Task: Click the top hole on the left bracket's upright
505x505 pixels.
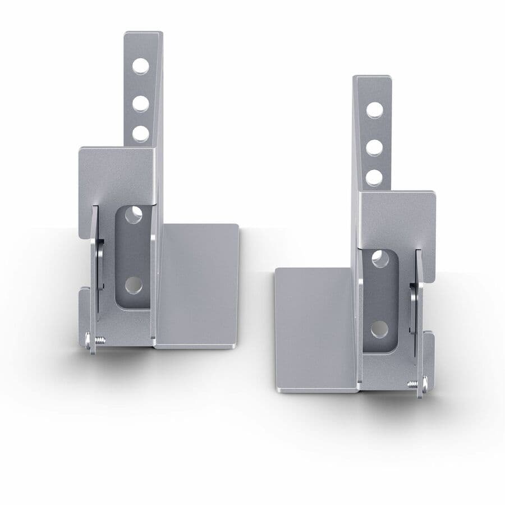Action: coord(141,66)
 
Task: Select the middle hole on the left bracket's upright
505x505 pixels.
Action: coord(141,104)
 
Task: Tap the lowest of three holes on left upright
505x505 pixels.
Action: coord(141,134)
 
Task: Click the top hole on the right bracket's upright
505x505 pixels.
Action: coord(375,111)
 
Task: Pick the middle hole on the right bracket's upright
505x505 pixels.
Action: coord(375,148)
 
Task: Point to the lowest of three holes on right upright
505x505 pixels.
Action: coord(374,178)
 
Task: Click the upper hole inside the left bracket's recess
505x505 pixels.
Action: coord(134,215)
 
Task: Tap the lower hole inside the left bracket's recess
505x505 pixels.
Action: coord(134,285)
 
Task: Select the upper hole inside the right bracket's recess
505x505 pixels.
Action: coord(380,259)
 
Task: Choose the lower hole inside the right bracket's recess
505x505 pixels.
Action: coord(379,329)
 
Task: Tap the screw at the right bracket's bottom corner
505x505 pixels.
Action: coord(418,383)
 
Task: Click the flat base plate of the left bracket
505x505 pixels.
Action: coord(198,283)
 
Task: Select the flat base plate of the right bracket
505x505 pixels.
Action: coord(316,328)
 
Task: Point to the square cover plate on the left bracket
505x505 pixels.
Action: coord(117,174)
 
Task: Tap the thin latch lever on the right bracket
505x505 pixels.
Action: coord(417,303)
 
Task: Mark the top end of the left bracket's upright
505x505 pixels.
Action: coord(143,35)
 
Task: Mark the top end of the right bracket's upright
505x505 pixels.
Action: coord(372,79)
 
